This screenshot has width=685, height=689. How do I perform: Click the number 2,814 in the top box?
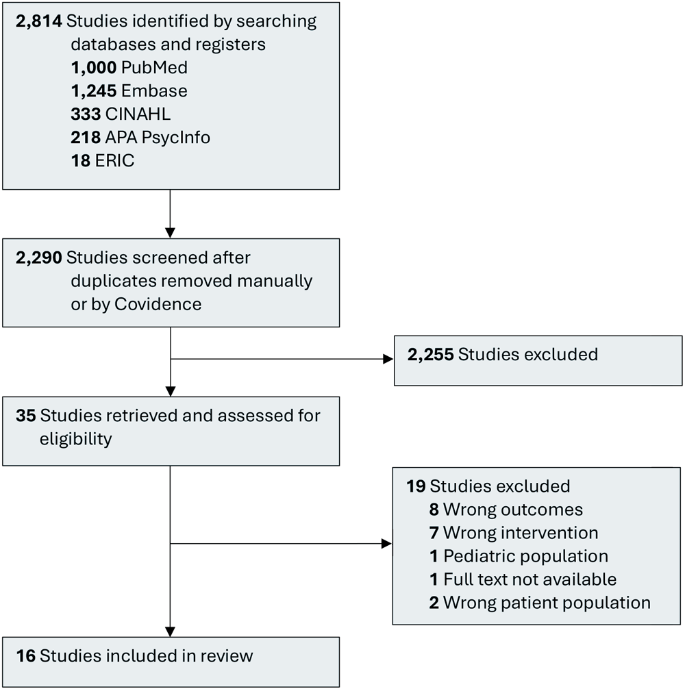point(38,21)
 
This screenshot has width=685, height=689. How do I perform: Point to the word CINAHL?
point(138,114)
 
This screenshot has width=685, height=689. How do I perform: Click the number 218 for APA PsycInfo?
point(85,137)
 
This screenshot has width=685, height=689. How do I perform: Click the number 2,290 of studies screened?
point(38,258)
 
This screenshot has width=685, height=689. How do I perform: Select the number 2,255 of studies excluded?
point(429,355)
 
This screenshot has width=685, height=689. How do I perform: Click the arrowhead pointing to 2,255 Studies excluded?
point(387,359)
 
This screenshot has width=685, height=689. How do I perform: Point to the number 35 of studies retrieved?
point(25,416)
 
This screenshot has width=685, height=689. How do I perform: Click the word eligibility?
point(75,439)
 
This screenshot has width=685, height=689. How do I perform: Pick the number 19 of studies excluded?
point(416,487)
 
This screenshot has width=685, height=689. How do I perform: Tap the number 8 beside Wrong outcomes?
point(434,510)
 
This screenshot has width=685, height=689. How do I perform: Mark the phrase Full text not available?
point(530,579)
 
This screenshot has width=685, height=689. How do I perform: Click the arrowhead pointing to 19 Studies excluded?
point(386,544)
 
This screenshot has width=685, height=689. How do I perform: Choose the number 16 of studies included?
point(25,655)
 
